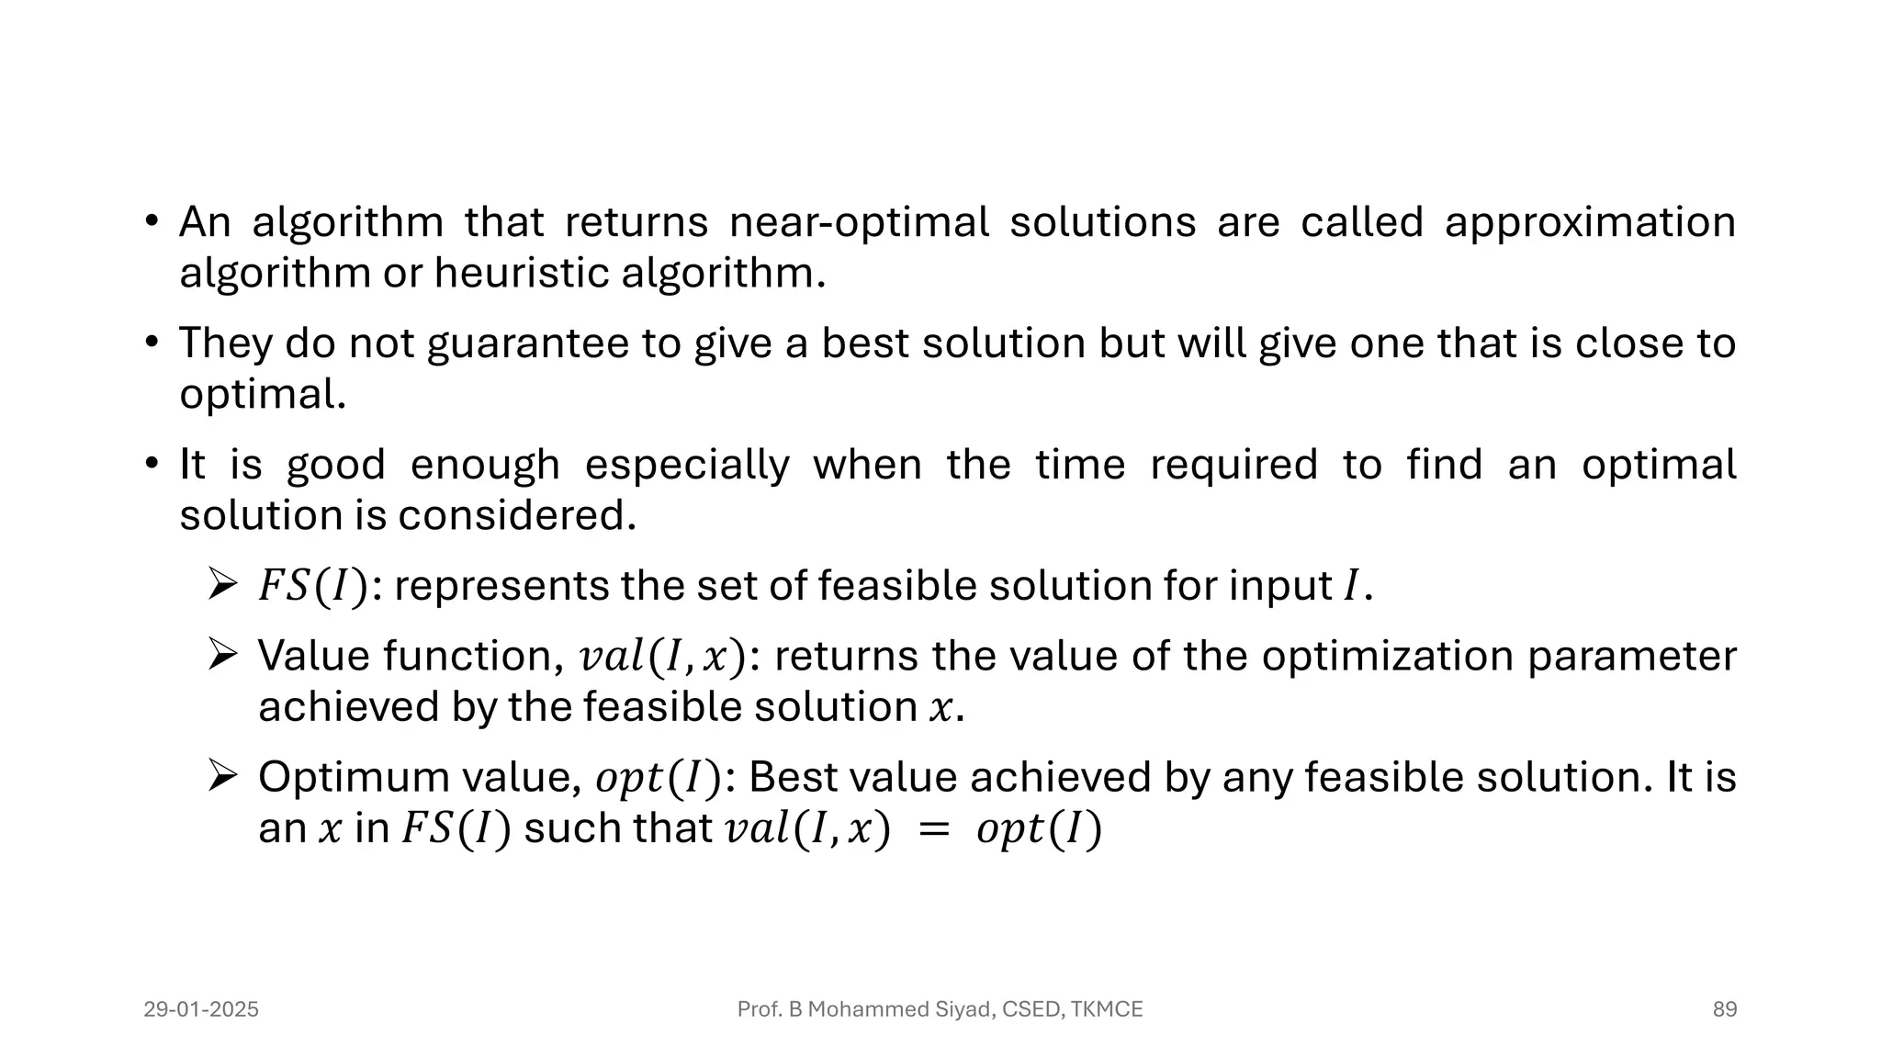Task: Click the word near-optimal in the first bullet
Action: point(859,223)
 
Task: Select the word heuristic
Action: point(522,273)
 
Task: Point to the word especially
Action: point(687,466)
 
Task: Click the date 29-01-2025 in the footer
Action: point(201,1009)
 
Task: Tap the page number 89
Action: point(1724,1009)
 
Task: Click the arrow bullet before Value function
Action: point(222,656)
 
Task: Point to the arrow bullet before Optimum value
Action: point(222,777)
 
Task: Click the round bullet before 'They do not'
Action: point(152,343)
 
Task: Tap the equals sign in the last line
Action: point(932,830)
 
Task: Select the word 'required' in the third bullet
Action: point(1233,466)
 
